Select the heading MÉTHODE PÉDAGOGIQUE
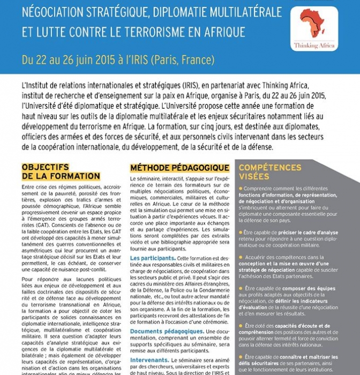[x=179, y=168]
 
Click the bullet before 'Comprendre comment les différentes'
[x=241, y=189]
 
